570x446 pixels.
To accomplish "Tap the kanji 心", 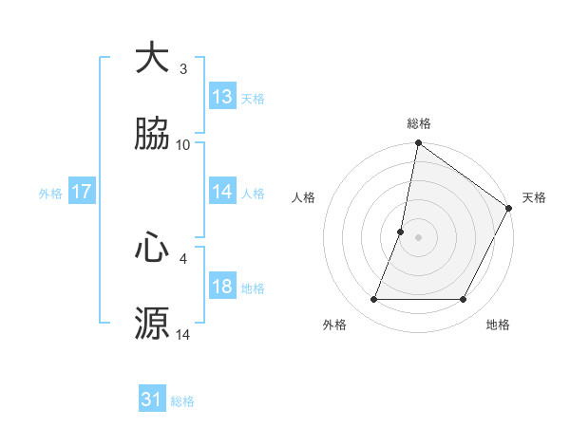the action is [x=152, y=249].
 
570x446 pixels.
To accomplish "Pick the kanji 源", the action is [x=152, y=323].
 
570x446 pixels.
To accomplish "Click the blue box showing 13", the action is [x=222, y=97].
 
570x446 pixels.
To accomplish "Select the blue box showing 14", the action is [x=222, y=192].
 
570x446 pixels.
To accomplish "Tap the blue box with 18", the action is [x=222, y=287].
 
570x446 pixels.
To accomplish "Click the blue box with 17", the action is [x=81, y=192].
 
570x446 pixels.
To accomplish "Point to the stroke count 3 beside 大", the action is [x=183, y=69].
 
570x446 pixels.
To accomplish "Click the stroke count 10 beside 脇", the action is [x=183, y=144].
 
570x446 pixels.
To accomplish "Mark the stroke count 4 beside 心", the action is [x=183, y=258].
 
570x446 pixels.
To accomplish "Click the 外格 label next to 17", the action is [x=50, y=193].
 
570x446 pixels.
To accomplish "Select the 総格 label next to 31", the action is [x=182, y=401].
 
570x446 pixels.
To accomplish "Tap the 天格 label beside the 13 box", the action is [x=253, y=98].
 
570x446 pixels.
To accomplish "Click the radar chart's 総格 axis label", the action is [x=418, y=123].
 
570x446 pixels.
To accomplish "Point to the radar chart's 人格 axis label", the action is [x=303, y=197].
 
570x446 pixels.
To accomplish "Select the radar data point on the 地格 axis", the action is [x=464, y=300].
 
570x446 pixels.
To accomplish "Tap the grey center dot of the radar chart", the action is [x=418, y=236].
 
